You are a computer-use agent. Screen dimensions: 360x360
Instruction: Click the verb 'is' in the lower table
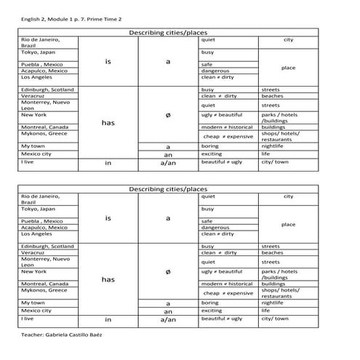[x=108, y=217]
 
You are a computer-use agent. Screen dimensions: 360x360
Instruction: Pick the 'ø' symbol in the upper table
[x=168, y=115]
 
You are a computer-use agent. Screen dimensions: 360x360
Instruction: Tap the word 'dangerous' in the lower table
[x=216, y=227]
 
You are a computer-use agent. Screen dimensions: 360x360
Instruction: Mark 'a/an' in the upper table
[x=168, y=163]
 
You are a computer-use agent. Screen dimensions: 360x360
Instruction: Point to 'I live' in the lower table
[x=28, y=319]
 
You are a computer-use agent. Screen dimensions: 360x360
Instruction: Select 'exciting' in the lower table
[x=212, y=311]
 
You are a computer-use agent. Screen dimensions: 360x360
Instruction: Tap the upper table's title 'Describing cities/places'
[x=168, y=33]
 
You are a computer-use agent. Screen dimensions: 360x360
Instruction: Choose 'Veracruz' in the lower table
[x=33, y=253]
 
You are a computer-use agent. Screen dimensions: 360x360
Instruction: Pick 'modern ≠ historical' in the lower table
[x=227, y=284]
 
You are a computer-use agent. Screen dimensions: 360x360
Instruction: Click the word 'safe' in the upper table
[x=207, y=64]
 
